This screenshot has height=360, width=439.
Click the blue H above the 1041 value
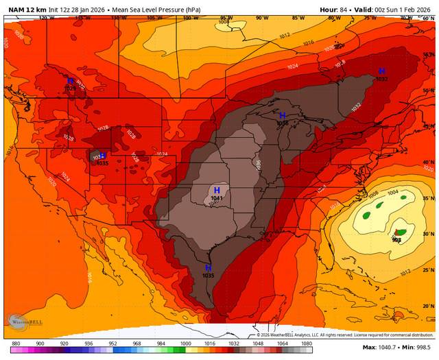[217, 190]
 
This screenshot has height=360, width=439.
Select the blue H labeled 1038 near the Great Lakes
[282, 115]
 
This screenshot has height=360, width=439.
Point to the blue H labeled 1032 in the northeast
[382, 71]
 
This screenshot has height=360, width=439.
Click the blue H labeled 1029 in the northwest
[70, 81]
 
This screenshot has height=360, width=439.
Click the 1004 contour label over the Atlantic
[394, 193]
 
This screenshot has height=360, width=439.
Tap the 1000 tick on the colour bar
[185, 343]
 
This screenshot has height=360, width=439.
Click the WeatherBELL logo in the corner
[22, 322]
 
